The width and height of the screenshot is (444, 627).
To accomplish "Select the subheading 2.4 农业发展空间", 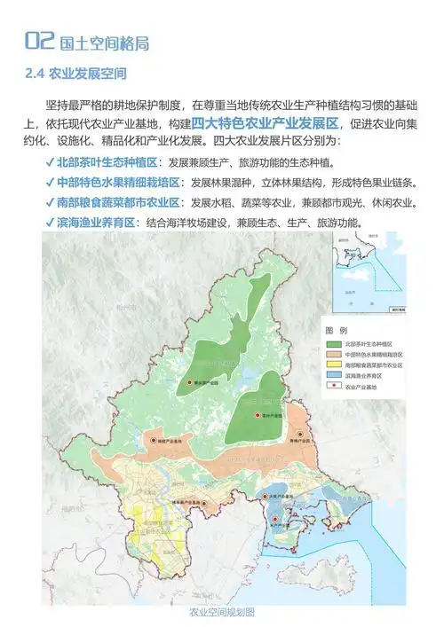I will point(76,72).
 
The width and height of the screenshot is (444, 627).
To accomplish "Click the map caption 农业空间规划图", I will point(223,613).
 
